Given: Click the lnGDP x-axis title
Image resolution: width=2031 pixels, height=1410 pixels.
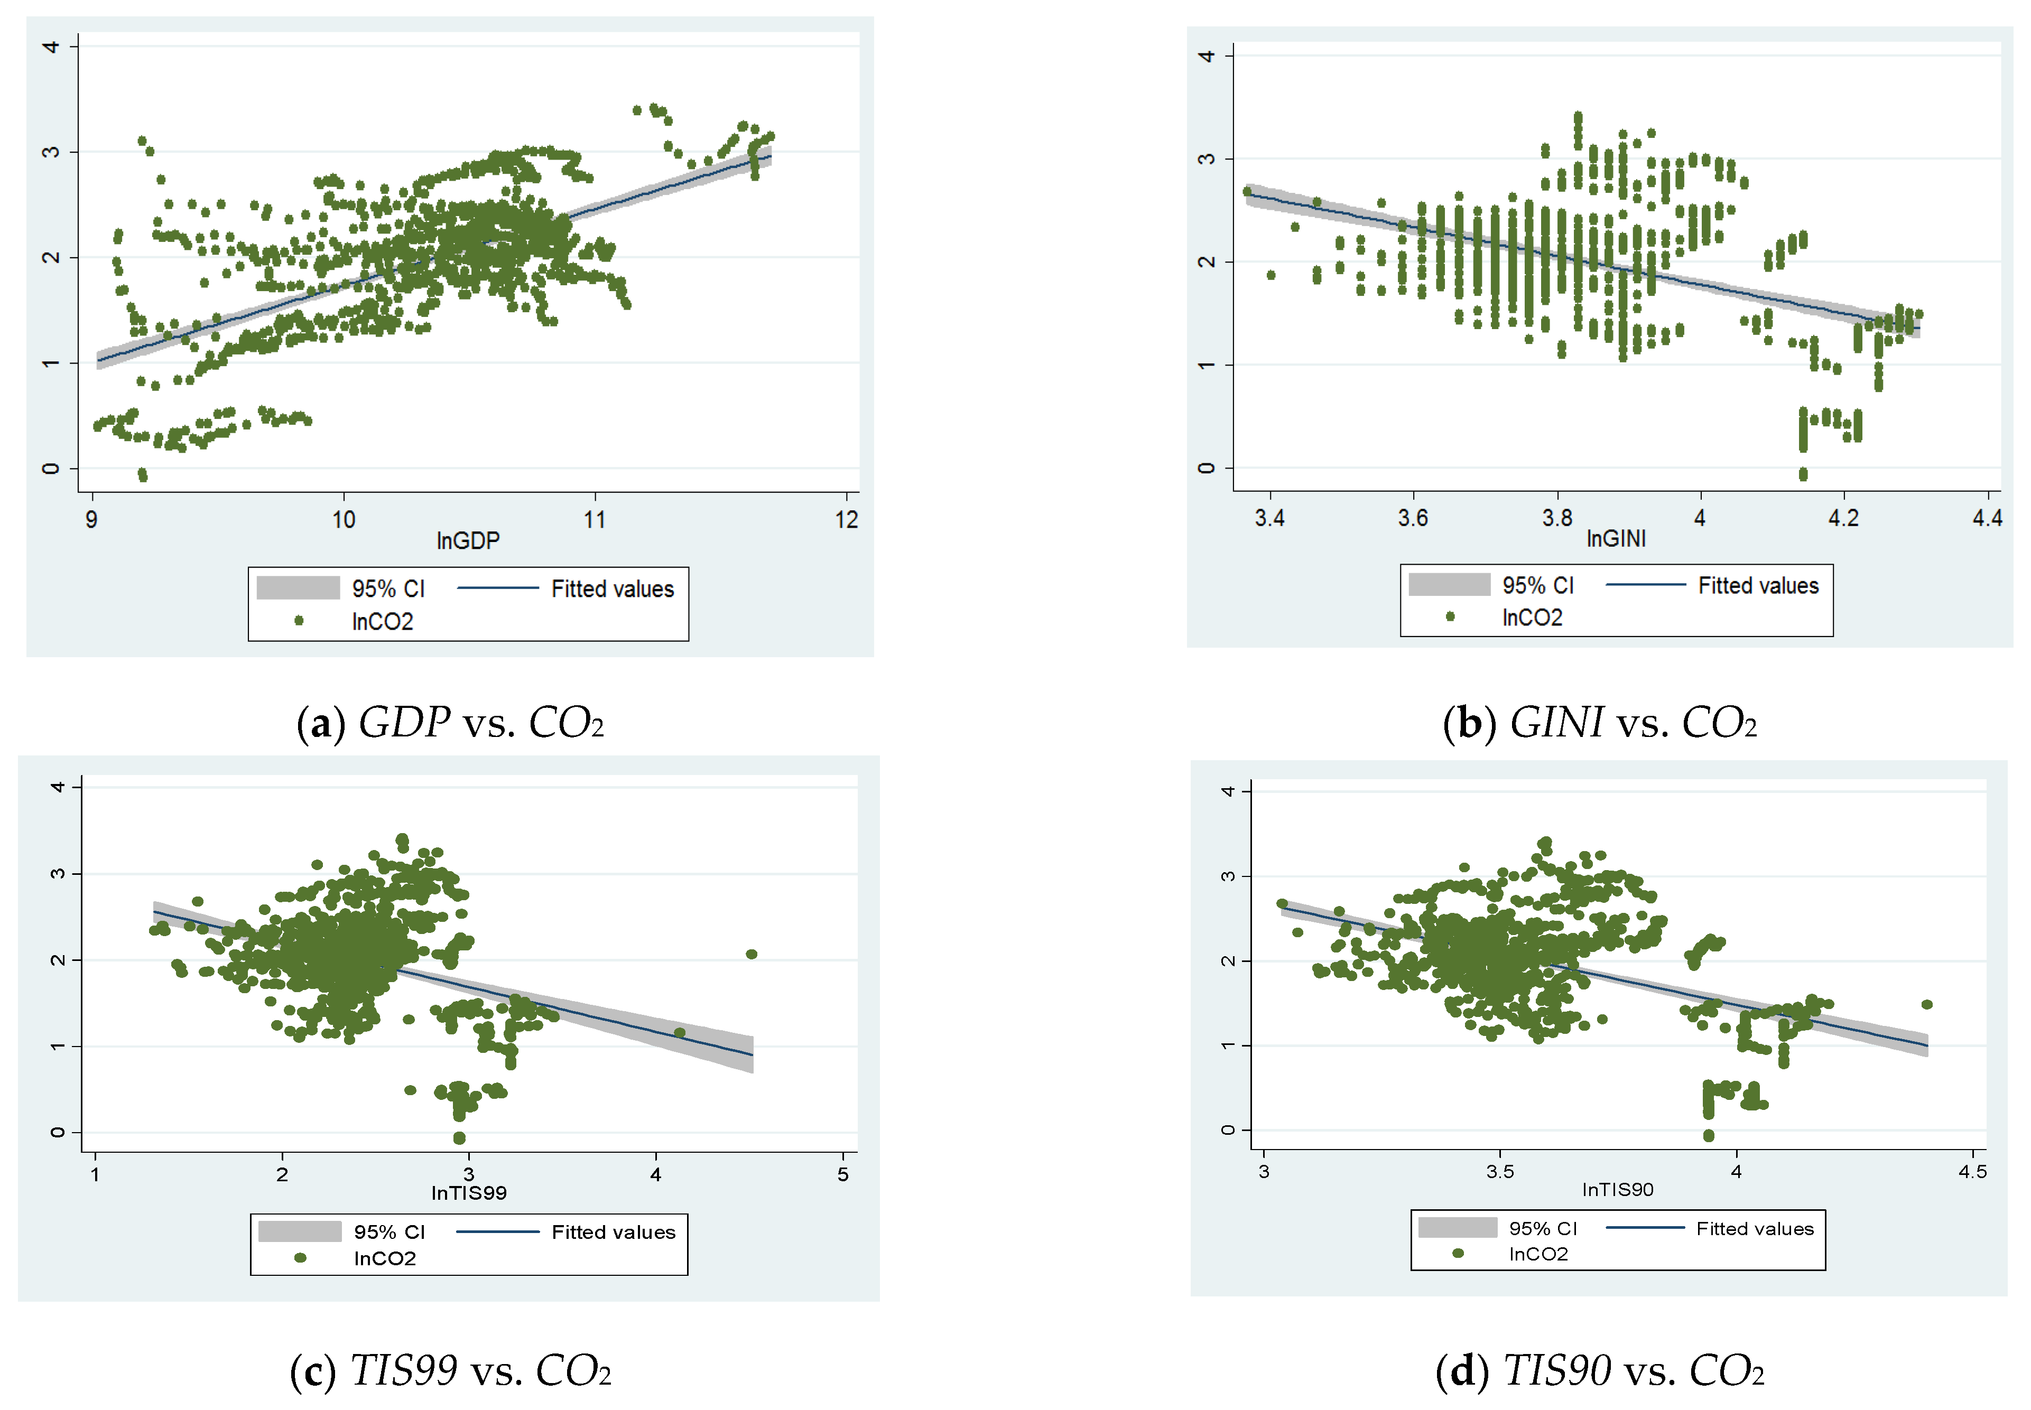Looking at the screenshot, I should tap(468, 540).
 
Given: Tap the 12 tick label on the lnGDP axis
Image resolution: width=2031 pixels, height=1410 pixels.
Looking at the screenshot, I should tap(846, 519).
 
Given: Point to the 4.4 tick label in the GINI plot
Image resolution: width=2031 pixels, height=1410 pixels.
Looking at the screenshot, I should tap(1986, 518).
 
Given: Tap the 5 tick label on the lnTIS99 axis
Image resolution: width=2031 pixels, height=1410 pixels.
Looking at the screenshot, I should tap(842, 1174).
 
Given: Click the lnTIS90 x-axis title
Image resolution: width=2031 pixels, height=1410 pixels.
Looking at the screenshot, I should tap(1617, 1189).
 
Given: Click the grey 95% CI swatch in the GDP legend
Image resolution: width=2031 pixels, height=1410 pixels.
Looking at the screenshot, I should tap(298, 587).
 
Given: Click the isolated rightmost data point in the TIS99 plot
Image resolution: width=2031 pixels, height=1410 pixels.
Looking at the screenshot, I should tap(750, 954).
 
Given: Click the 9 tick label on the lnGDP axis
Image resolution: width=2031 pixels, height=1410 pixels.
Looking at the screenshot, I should tap(92, 519).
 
